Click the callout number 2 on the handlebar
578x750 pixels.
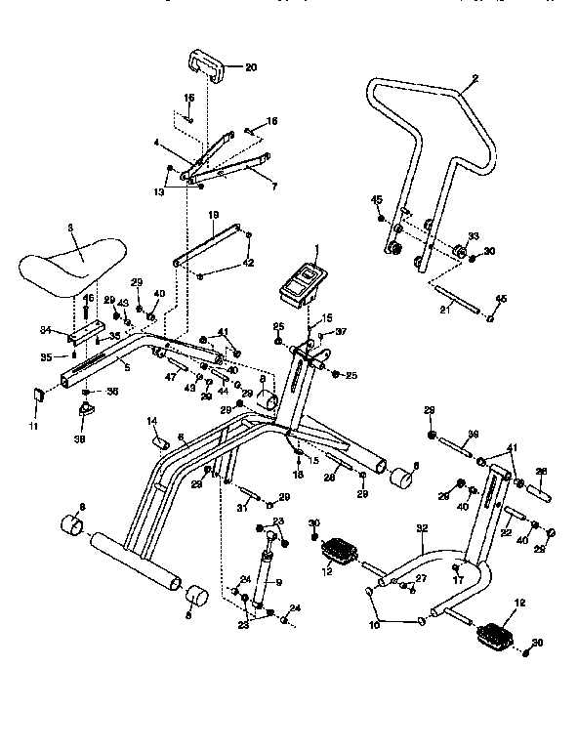(x=475, y=78)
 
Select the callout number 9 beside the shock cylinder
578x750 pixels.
(x=278, y=583)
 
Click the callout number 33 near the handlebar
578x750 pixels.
(x=473, y=236)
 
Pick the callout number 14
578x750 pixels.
(x=152, y=421)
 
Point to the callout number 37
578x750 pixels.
(x=341, y=331)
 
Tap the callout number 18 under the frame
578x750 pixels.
(x=299, y=474)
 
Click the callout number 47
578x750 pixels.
(x=170, y=376)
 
